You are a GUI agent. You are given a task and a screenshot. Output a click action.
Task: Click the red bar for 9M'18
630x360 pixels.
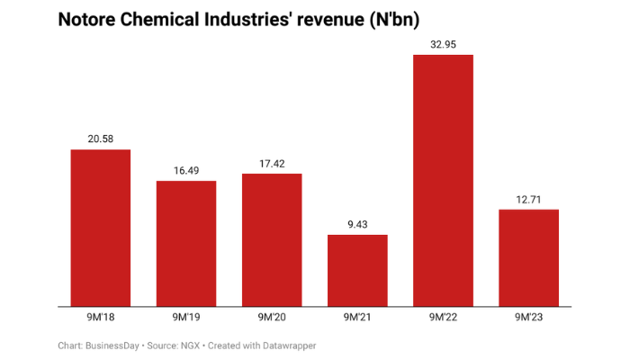(101, 228)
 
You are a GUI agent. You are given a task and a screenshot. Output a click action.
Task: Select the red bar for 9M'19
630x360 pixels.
(186, 243)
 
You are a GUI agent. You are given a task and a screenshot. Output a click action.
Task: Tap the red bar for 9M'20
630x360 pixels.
(272, 239)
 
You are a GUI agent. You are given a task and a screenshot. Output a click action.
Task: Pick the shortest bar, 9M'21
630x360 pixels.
(357, 270)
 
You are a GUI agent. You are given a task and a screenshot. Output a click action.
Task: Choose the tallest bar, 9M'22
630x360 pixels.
(443, 180)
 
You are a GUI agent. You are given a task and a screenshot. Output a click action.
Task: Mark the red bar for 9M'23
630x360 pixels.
(528, 257)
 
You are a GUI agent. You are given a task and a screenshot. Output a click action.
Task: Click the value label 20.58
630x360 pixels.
(101, 138)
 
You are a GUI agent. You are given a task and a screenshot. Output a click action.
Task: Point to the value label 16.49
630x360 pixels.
(186, 169)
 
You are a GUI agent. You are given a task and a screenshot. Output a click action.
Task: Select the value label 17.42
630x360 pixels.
(272, 162)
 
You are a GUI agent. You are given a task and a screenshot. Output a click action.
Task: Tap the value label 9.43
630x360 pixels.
(357, 223)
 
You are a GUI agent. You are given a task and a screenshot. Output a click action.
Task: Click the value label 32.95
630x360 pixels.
(443, 43)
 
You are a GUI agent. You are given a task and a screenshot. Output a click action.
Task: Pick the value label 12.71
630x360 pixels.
(528, 198)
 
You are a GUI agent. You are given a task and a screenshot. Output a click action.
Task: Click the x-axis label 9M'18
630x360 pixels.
(101, 317)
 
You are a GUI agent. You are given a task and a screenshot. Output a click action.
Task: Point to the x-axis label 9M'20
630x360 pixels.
(272, 317)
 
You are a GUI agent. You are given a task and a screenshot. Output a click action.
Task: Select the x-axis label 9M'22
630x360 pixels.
(443, 317)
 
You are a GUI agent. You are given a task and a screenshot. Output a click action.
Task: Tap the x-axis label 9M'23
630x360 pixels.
(528, 317)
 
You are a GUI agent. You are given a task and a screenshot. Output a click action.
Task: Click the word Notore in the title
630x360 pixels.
(89, 19)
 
